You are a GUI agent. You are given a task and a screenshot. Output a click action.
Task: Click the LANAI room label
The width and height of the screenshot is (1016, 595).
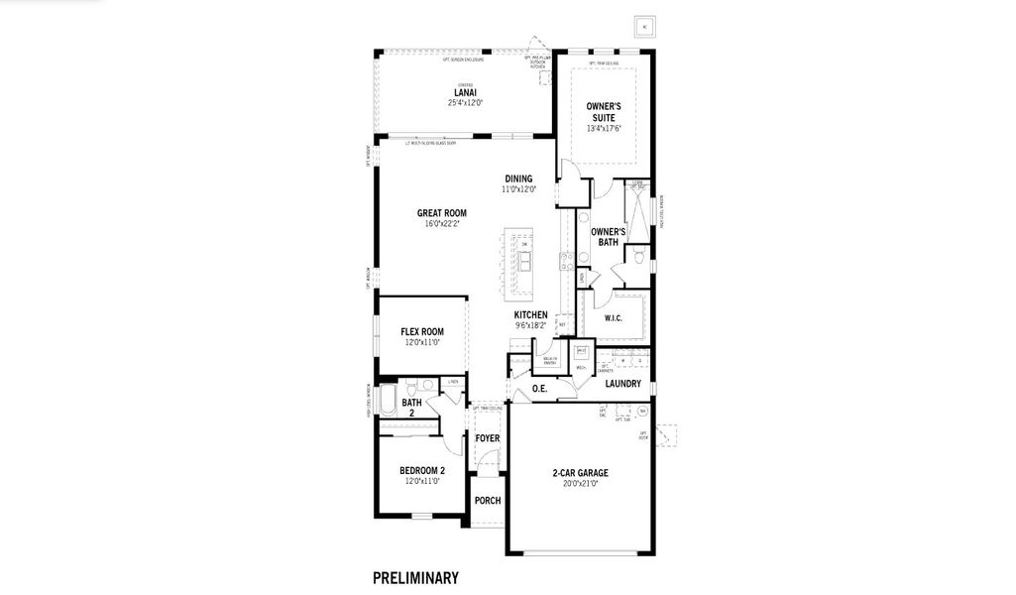464,92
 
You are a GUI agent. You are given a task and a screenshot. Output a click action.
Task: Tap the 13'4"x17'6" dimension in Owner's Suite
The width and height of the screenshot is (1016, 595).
603,128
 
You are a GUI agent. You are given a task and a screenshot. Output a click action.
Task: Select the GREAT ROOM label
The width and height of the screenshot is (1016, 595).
441,213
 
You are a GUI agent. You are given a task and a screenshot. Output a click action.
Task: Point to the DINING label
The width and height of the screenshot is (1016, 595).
517,179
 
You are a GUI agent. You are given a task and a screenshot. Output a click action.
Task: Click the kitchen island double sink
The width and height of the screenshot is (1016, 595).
524,261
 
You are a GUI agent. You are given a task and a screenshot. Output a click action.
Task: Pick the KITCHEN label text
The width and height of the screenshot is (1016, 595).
530,314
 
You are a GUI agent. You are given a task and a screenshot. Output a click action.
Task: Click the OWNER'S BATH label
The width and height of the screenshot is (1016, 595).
607,236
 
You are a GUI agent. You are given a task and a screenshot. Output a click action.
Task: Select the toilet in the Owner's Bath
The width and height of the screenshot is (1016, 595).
640,258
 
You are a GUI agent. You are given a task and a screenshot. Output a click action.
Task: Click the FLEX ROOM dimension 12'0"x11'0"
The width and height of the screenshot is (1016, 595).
421,342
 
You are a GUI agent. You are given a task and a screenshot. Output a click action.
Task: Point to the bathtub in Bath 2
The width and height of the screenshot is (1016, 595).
388,403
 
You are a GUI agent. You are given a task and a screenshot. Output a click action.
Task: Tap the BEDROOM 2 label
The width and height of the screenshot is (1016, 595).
421,470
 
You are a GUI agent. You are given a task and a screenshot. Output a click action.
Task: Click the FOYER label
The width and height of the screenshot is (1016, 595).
487,438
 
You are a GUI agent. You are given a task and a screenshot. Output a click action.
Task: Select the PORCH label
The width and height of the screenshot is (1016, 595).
487,501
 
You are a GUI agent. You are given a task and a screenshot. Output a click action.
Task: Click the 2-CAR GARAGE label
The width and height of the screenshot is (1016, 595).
580,473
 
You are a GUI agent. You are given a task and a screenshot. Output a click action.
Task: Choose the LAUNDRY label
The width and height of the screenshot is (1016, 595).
622,384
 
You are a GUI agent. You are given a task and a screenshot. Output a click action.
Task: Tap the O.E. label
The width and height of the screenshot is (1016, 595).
540,389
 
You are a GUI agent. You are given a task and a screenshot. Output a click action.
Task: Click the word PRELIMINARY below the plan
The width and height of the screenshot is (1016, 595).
415,576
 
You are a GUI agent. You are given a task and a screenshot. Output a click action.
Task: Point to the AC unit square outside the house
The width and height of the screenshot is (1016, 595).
645,27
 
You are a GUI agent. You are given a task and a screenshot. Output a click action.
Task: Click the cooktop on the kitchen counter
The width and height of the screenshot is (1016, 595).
566,262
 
